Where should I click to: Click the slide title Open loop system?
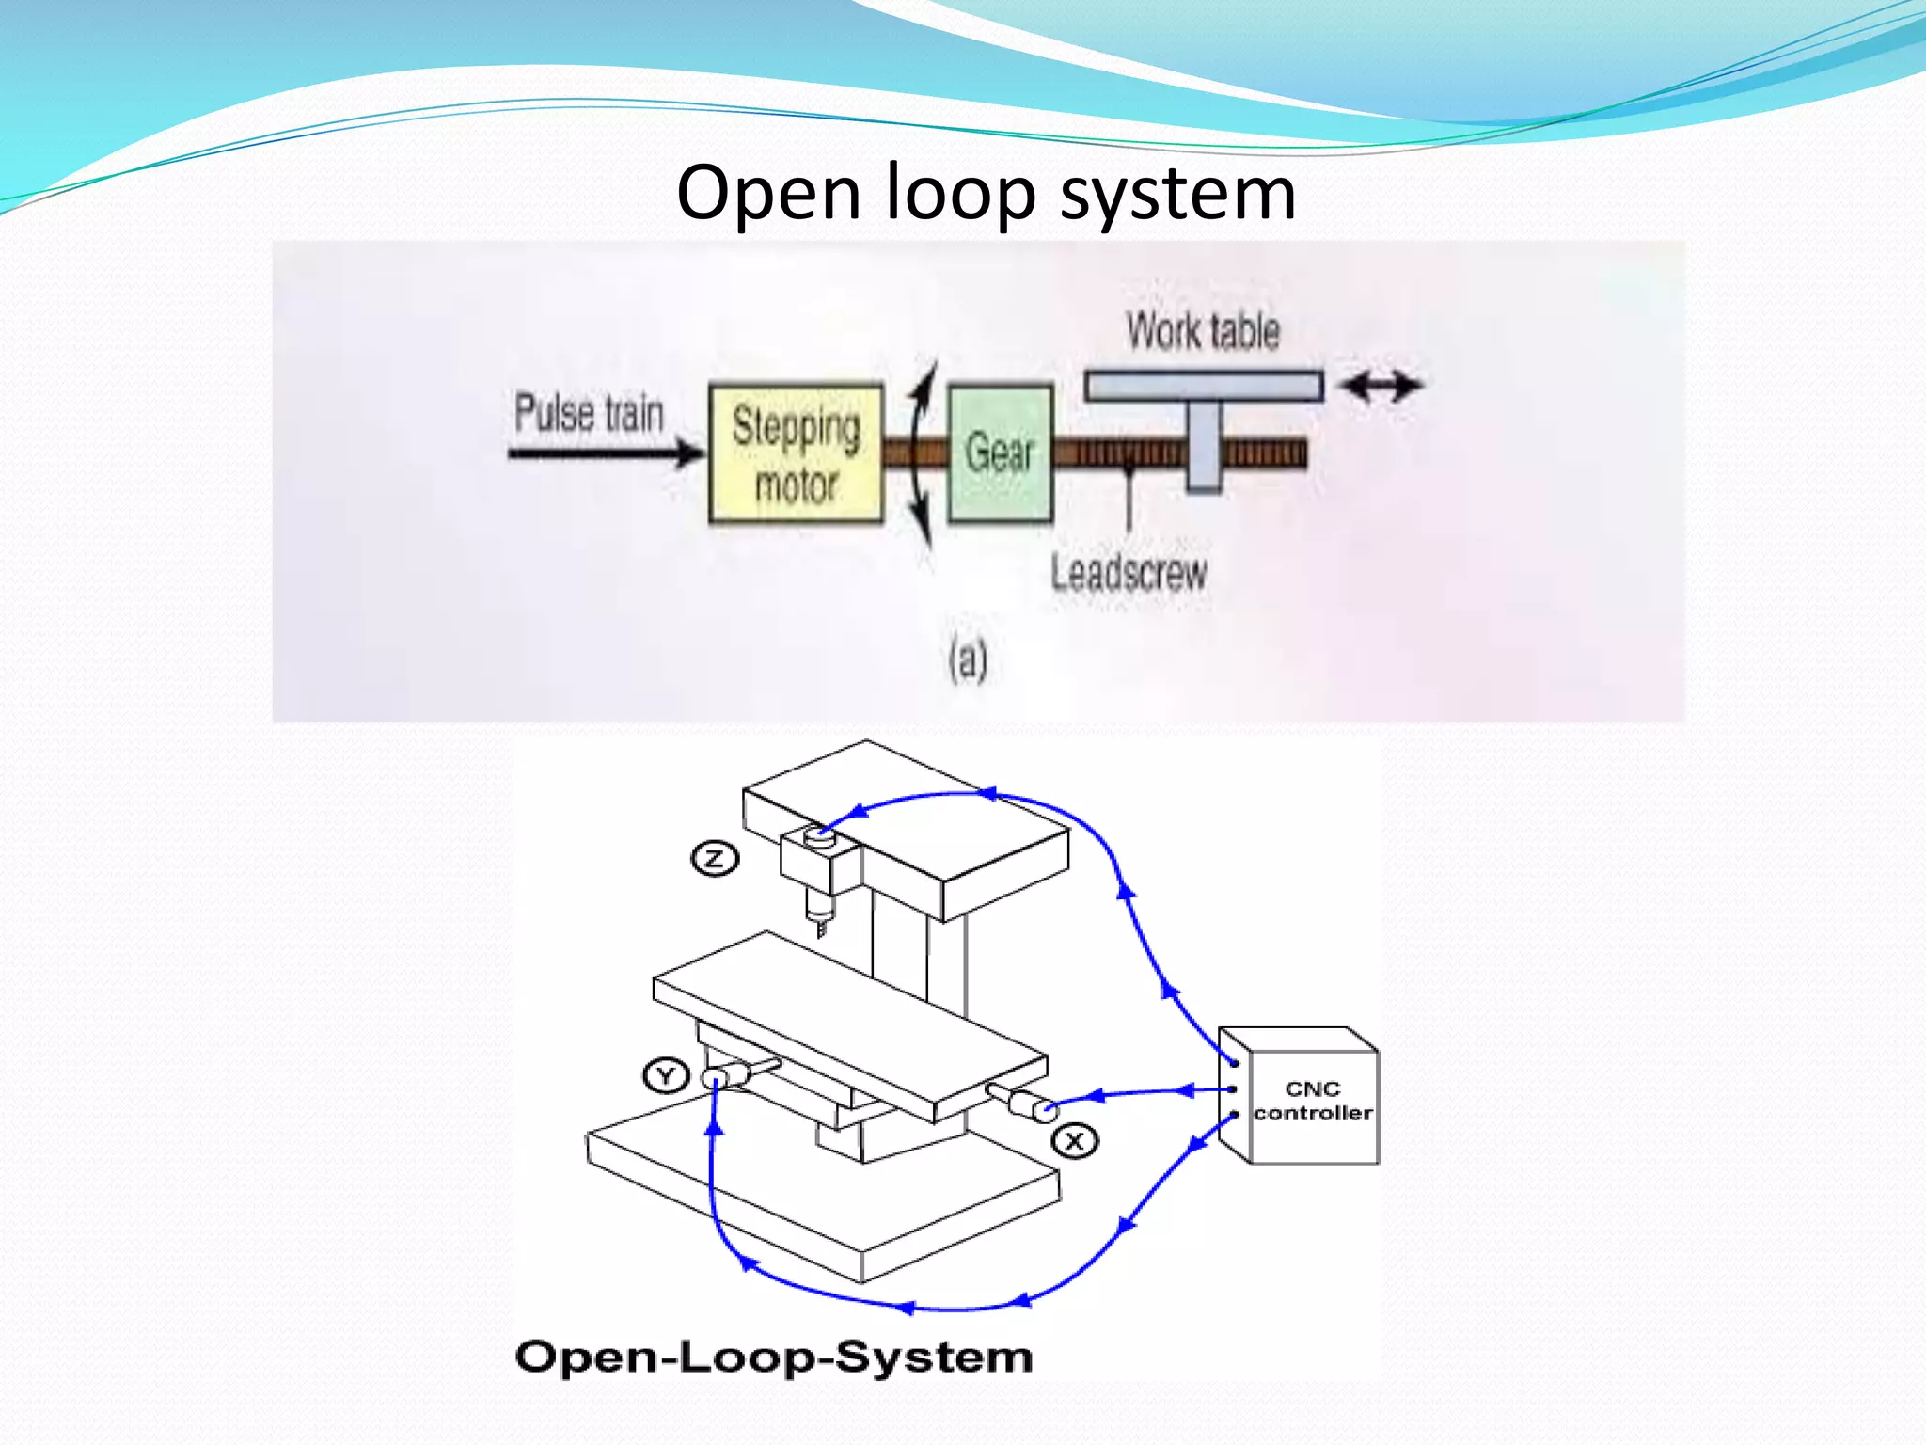click(x=986, y=193)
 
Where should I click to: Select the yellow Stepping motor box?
click(x=796, y=453)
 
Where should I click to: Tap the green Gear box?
click(x=1000, y=453)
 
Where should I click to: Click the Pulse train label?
click(x=589, y=414)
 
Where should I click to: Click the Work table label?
click(x=1203, y=331)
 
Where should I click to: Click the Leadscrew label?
click(x=1129, y=573)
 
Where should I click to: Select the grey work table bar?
click(x=1203, y=387)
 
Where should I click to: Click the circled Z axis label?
click(x=715, y=858)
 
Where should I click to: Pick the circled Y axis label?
click(x=666, y=1075)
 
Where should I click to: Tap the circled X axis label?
click(x=1074, y=1142)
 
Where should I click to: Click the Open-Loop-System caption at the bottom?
click(x=773, y=1358)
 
